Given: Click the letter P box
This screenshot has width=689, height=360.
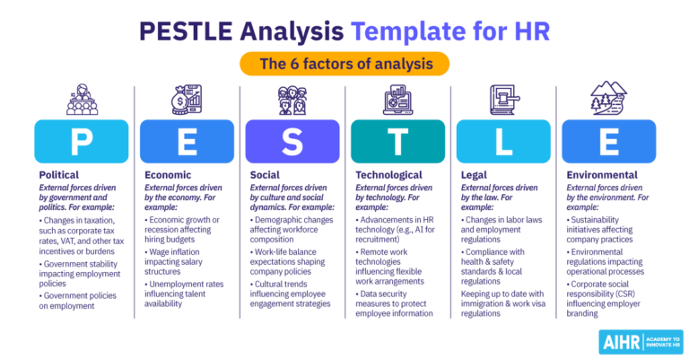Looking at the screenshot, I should tap(82, 141).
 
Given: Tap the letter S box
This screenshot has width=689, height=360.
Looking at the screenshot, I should tap(292, 141).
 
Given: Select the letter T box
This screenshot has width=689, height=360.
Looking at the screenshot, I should tap(397, 141).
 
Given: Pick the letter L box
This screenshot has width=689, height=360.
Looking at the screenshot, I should tap(503, 141).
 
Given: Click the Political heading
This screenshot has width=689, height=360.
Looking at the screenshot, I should tap(59, 175).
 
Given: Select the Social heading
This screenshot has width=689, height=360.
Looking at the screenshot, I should tap(265, 175).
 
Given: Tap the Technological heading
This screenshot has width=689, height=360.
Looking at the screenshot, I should tap(388, 175).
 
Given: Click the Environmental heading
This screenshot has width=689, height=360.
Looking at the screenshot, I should tap(602, 175).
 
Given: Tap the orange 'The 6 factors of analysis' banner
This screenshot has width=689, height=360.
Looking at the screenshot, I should tap(344, 63).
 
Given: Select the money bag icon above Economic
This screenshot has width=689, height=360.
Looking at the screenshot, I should tap(187, 100).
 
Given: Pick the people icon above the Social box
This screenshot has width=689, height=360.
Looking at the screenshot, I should tap(292, 100).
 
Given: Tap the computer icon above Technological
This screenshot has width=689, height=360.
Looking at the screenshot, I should tap(397, 100).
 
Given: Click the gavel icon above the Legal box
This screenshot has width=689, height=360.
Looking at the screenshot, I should tap(503, 100).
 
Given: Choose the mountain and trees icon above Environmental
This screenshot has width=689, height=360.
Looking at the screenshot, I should tap(608, 100).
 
